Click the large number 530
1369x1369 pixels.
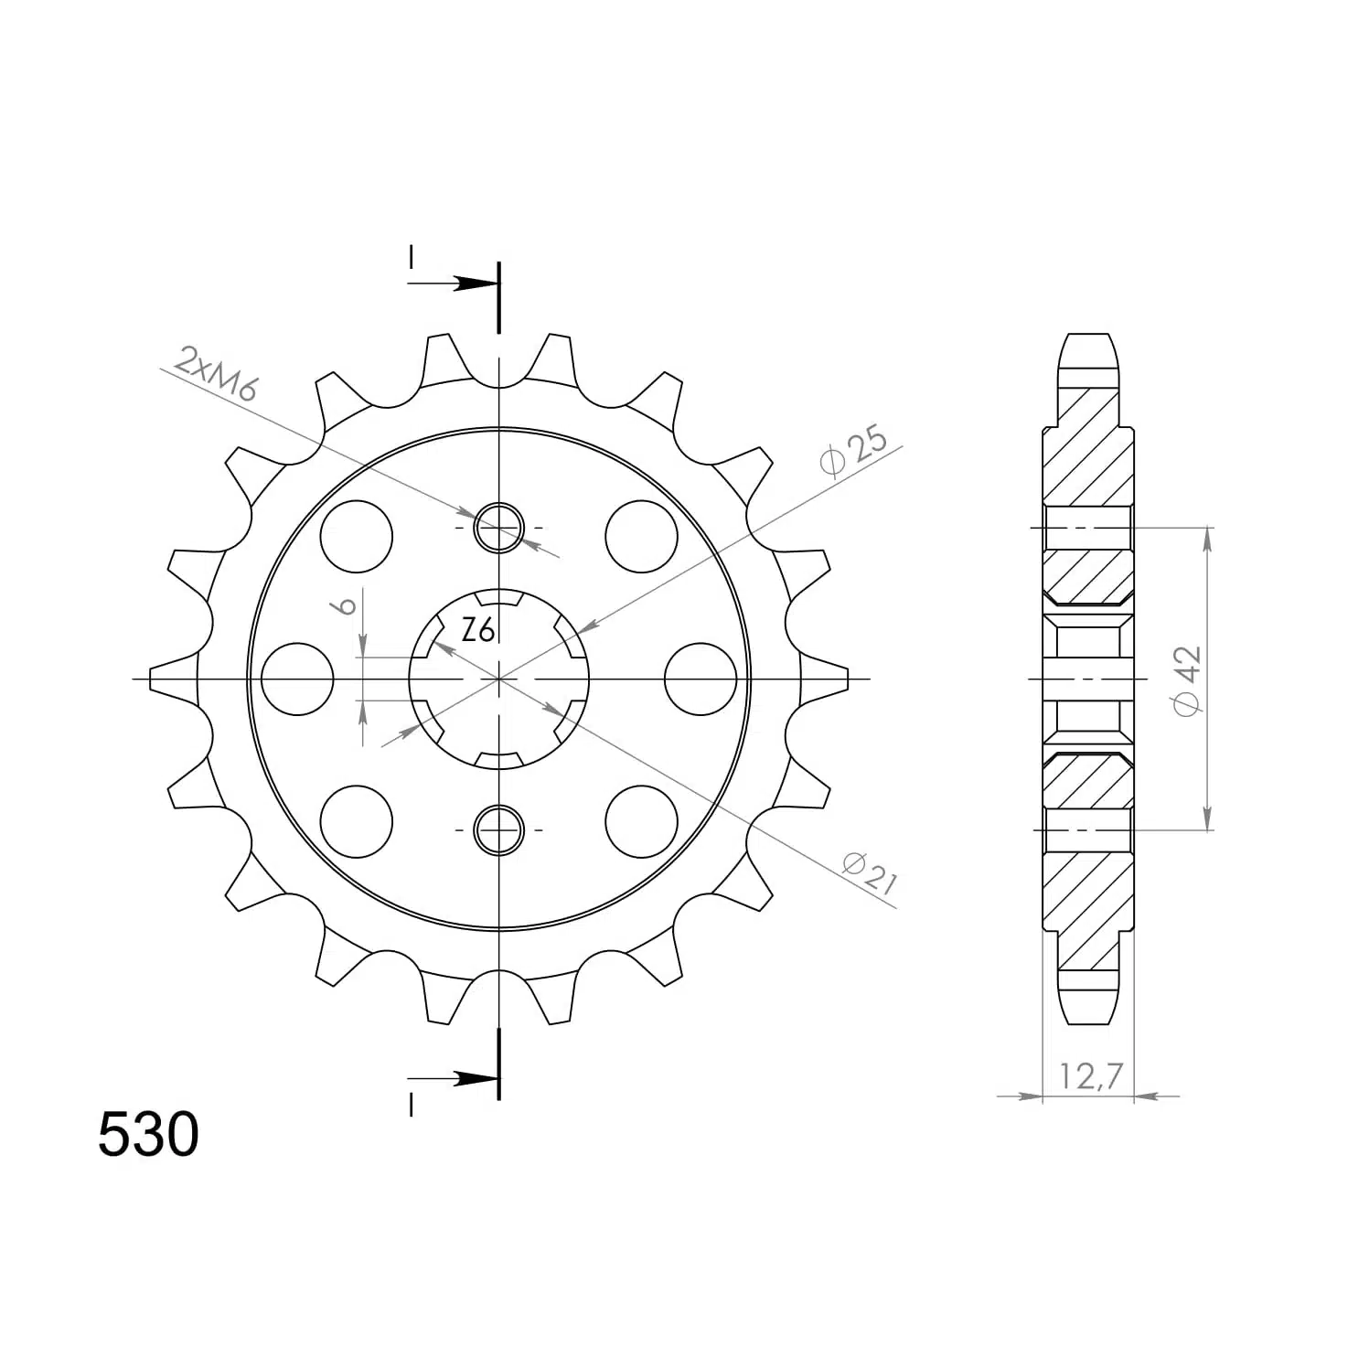tap(148, 1135)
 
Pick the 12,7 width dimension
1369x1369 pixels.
tap(1091, 1076)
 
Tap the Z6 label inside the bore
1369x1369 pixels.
tap(478, 630)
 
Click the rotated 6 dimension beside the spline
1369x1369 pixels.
tap(346, 605)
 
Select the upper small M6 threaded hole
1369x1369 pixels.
tap(498, 528)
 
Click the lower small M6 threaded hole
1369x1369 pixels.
tap(498, 829)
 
